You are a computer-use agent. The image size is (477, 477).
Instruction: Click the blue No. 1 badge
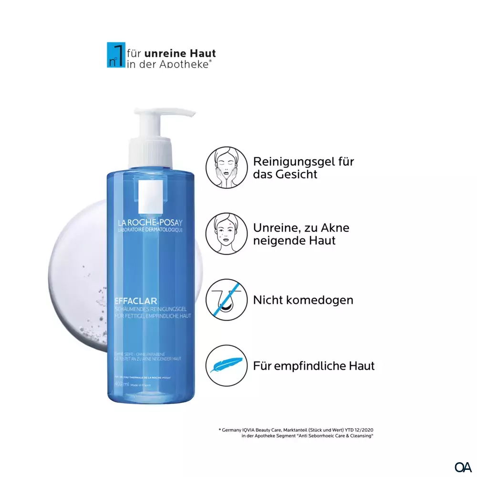(x=115, y=55)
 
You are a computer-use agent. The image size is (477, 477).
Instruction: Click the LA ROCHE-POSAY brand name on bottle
(x=150, y=222)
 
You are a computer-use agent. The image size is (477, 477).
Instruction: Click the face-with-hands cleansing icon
(x=227, y=167)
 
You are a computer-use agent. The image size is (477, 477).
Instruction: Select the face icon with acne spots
(x=227, y=234)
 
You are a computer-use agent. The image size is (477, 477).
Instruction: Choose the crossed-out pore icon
(x=227, y=300)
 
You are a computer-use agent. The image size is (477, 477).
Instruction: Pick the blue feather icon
(x=227, y=366)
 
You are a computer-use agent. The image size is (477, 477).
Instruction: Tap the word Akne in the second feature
(x=333, y=228)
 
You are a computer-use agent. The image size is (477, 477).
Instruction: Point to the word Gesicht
(x=296, y=174)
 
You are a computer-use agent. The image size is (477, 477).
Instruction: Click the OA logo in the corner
(x=463, y=466)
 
